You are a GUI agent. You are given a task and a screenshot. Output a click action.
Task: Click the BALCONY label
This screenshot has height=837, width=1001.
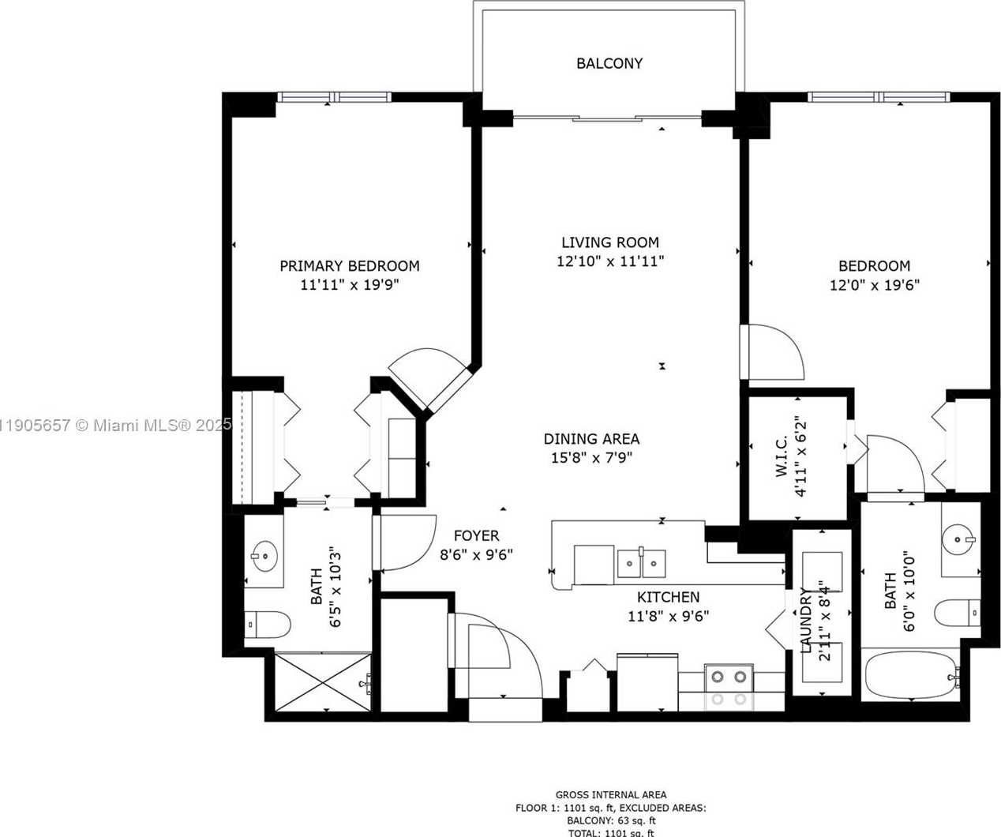pos(609,63)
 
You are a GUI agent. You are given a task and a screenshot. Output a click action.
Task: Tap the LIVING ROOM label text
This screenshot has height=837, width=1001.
pos(609,242)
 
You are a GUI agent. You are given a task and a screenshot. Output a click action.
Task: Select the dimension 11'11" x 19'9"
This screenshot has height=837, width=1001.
pos(349,285)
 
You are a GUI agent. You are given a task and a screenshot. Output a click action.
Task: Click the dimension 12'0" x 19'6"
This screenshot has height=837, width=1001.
pos(874,285)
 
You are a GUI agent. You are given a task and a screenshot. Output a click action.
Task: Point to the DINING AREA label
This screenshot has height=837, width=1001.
pos(591,439)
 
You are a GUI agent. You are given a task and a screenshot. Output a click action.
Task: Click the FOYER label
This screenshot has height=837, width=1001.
pos(476,536)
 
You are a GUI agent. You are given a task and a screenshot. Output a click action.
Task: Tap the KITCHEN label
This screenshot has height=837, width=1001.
pos(668,597)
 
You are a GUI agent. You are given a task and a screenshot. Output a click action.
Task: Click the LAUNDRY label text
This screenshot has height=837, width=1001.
pos(806,620)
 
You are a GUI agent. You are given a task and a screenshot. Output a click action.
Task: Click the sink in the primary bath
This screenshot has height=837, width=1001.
pos(264,557)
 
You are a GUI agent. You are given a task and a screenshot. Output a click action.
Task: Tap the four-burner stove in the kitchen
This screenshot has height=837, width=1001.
pos(729,687)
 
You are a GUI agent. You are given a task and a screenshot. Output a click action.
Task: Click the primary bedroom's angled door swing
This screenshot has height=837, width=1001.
pos(426,375)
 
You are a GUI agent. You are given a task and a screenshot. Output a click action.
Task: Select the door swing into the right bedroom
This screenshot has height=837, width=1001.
pos(774,352)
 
